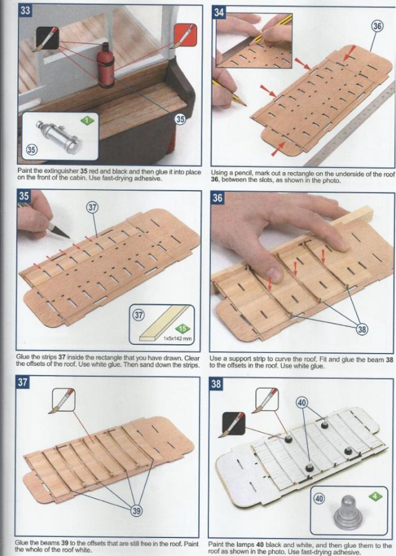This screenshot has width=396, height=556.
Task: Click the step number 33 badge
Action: pyautogui.click(x=25, y=11)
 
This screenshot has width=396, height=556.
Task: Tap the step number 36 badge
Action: pyautogui.click(x=217, y=198)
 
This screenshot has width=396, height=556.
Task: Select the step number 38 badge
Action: pyautogui.click(x=216, y=383)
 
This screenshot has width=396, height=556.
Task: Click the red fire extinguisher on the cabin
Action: pyautogui.click(x=106, y=65)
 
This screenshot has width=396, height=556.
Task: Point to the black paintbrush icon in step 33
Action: pyautogui.click(x=47, y=38)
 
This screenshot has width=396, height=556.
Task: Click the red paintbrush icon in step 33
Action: pyautogui.click(x=185, y=35)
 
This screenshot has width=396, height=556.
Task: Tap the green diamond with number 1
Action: pyautogui.click(x=87, y=121)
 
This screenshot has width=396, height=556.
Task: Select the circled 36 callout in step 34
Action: pyautogui.click(x=377, y=26)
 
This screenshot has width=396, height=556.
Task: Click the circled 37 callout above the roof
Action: pyautogui.click(x=92, y=207)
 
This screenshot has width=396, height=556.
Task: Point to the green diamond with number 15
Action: pyautogui.click(x=183, y=329)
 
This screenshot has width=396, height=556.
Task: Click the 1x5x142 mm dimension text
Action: pyautogui.click(x=178, y=339)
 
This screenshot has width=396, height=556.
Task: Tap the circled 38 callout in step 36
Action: pyautogui.click(x=362, y=329)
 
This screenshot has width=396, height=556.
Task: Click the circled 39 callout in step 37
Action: pyautogui.click(x=136, y=511)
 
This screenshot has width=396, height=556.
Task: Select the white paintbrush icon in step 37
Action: pyautogui.click(x=64, y=400)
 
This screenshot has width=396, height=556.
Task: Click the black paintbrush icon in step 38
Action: pyautogui.click(x=233, y=425)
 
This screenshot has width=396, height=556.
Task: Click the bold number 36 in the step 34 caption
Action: pyautogui.click(x=215, y=181)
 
